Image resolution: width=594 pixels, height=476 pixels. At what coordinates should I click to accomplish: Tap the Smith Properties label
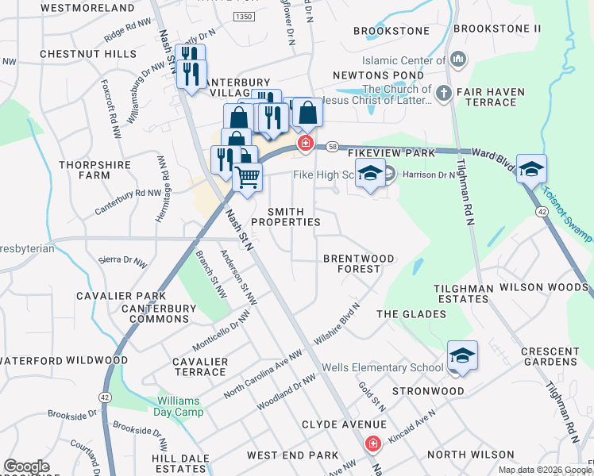294,217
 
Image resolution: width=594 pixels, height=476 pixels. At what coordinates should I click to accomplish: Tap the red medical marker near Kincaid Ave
371,444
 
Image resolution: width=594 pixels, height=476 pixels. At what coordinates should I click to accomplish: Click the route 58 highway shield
331,147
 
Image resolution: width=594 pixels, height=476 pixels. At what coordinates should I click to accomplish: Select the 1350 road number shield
243,16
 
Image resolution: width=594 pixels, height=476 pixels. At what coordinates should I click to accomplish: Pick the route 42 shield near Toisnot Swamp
541,213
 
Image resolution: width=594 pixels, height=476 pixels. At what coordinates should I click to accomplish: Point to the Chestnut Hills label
77,53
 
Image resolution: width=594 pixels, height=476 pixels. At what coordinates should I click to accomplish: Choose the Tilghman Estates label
461,294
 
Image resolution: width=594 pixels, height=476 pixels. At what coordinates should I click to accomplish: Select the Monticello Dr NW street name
222,331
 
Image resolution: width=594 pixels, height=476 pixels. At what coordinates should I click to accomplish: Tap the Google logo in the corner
26,466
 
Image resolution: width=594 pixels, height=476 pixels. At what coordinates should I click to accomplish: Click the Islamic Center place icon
457,60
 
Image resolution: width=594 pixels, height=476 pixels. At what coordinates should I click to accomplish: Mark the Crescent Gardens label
550,356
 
